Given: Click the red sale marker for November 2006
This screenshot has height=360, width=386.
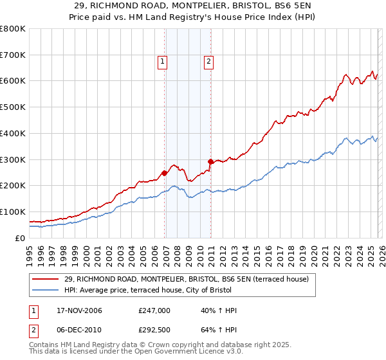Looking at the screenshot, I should click(165, 173).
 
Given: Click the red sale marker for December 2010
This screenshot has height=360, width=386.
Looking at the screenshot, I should click(210, 161).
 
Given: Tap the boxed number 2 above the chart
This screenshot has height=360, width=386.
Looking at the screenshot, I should click(209, 62).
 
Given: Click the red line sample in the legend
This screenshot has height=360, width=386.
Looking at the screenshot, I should click(46, 279).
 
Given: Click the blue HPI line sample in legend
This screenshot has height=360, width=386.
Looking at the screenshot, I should click(46, 290).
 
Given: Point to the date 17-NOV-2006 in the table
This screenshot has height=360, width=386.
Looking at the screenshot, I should click(75, 310).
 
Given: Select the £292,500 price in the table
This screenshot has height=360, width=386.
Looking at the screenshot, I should click(156, 328).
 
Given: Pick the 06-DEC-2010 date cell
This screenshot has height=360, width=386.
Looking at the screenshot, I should click(75, 328).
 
